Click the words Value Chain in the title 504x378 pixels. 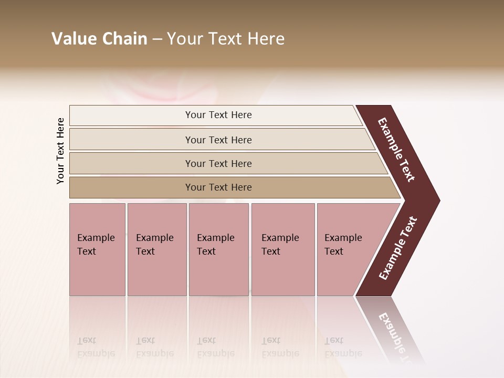[99, 39]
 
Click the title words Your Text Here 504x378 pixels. [226, 39]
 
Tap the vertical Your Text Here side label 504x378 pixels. [60, 151]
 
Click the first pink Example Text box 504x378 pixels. [97, 249]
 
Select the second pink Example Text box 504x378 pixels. [156, 249]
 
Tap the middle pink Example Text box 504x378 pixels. [218, 249]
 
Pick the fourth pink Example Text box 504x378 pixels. [282, 249]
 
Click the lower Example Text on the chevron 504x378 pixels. [398, 248]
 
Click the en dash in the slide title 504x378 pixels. [157, 39]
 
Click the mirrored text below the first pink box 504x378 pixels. [96, 347]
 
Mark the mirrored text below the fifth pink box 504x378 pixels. [343, 347]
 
